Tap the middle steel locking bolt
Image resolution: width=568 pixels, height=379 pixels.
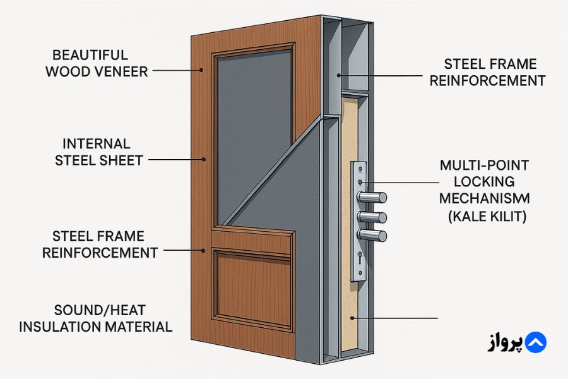pos(373,217)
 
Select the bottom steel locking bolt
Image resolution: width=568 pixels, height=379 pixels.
pos(373,236)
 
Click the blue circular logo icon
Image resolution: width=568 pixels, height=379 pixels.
pos(535,342)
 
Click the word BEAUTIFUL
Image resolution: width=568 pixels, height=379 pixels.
pos(90,55)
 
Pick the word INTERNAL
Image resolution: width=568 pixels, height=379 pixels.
pos(96,144)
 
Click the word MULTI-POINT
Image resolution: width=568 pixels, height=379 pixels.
pos(484,166)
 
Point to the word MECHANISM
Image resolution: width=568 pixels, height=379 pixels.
pos(485,199)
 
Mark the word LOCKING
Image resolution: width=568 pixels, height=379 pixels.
pos(484,183)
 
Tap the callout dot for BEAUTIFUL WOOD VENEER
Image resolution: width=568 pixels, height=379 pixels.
pos(202,70)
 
